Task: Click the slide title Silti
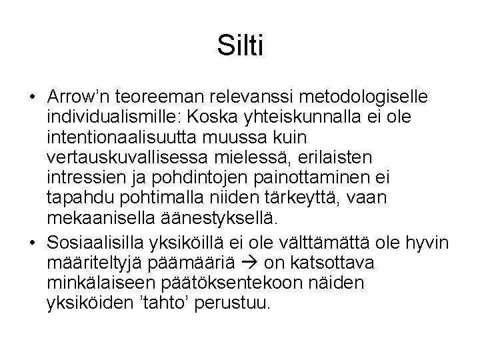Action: coord(240,47)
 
